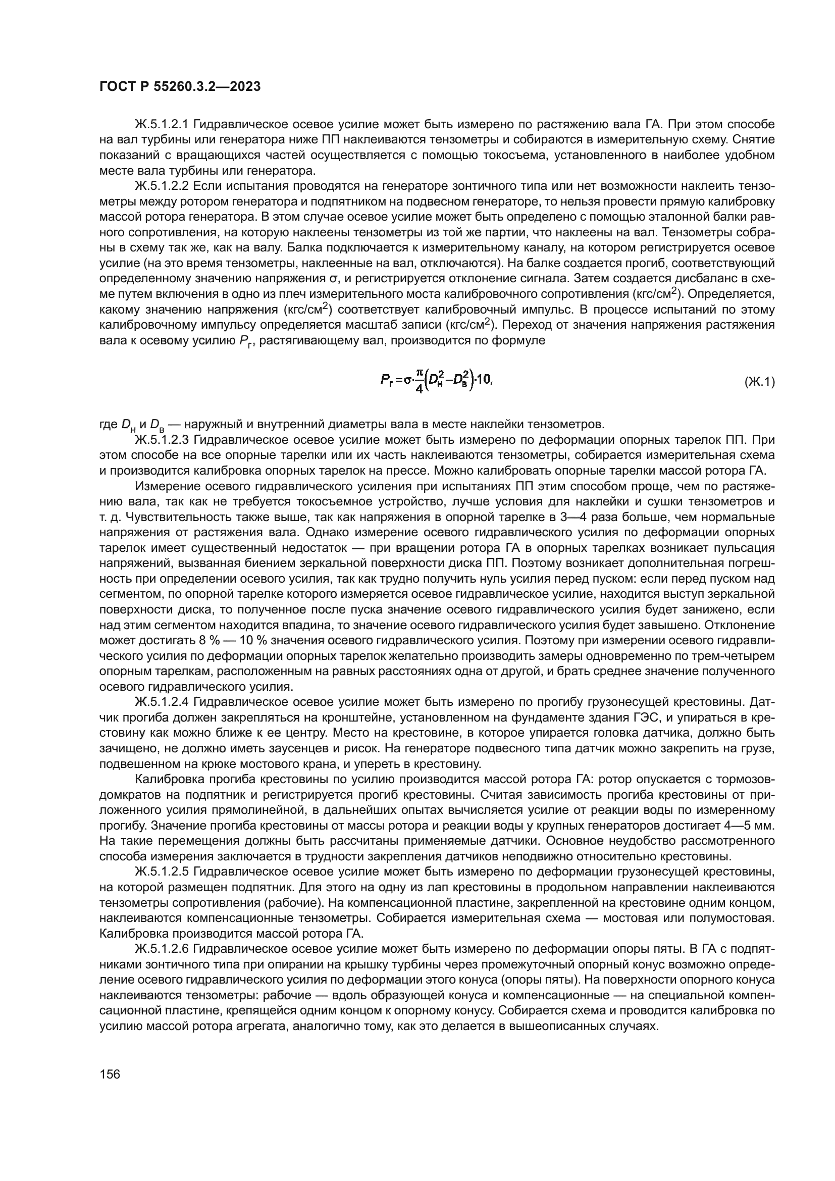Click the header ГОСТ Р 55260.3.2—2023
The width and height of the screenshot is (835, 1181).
[180, 86]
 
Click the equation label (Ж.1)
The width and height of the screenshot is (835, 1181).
[759, 382]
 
